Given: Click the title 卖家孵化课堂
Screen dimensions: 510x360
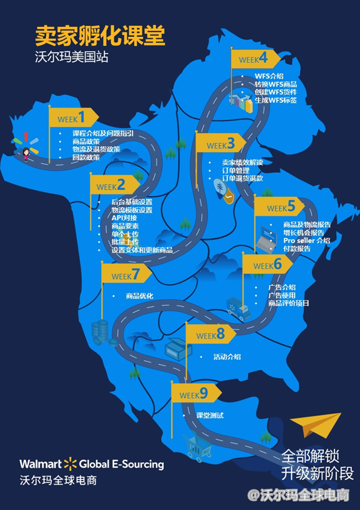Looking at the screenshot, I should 100,36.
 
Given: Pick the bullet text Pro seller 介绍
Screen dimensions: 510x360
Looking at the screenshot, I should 306,240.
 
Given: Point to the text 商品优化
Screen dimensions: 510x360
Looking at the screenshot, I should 140,296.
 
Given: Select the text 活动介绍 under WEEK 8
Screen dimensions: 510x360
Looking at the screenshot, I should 227,357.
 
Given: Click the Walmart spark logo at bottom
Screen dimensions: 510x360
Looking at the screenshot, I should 71,464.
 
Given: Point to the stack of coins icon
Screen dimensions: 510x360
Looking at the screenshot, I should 101,331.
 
